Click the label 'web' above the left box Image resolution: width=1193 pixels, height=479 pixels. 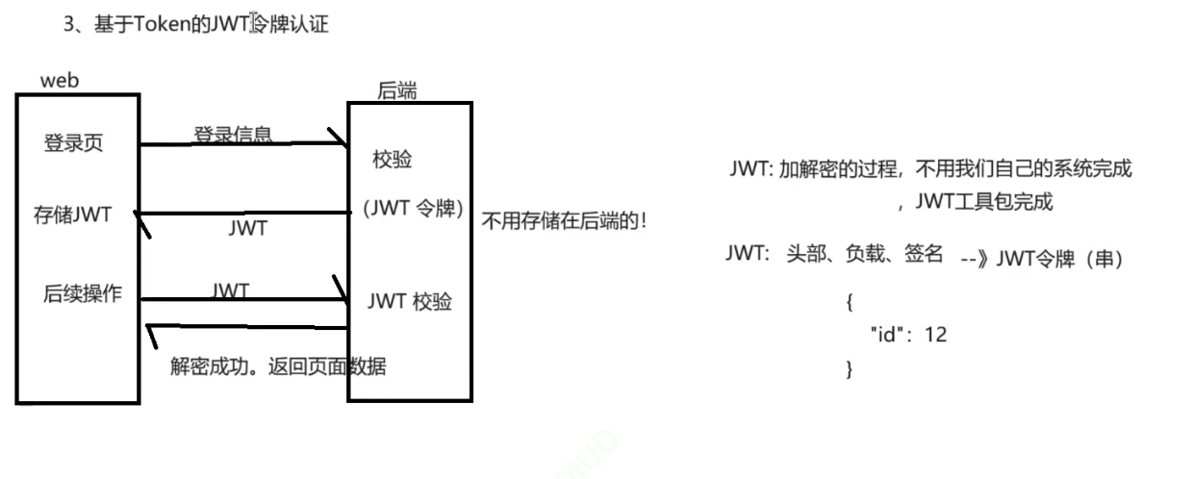60,81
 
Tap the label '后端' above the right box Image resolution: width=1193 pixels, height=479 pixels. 396,90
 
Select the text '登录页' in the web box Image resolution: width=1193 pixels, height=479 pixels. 73,143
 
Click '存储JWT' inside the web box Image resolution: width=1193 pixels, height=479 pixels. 72,214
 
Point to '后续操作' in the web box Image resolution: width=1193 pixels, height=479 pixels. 83,294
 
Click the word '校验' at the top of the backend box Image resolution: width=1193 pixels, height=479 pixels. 392,160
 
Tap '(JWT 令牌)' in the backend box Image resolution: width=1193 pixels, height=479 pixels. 414,209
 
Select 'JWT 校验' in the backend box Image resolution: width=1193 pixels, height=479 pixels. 410,301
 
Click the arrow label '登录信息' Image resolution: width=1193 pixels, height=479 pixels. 233,134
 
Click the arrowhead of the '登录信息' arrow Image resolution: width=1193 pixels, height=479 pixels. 340,140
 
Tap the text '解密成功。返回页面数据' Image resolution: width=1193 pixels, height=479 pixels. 278,366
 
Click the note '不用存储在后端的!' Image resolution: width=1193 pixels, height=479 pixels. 564,219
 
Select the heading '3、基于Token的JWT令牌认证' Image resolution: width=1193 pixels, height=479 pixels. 195,24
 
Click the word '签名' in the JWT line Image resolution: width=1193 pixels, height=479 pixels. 923,254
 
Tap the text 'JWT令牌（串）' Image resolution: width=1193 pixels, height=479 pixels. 1059,259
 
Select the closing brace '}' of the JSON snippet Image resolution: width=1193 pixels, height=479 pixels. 849,368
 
